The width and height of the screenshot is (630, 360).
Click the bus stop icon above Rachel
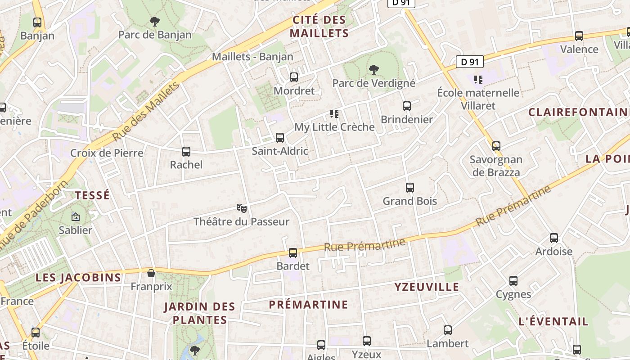point(186,152)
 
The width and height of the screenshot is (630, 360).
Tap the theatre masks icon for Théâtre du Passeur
point(242,208)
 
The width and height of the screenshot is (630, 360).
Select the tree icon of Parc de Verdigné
point(373,69)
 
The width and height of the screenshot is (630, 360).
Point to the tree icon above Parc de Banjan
point(154,21)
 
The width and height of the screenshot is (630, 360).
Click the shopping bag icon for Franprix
point(151,273)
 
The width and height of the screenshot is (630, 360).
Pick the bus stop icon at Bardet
point(293,253)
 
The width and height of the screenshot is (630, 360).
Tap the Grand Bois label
point(409,201)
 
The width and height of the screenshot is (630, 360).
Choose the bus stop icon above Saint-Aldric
point(280,138)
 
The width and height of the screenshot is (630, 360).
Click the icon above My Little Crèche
point(334,113)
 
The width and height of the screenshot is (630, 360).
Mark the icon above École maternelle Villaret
point(478,80)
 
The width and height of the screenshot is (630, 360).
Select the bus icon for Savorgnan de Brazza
point(496,146)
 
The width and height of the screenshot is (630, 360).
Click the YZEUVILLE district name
point(427,287)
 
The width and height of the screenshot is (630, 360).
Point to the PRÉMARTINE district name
point(308,305)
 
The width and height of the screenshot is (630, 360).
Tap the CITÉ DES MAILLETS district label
point(319,27)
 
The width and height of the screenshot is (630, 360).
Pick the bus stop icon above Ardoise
point(554,238)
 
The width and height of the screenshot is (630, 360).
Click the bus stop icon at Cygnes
point(513,281)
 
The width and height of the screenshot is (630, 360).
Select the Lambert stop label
point(447,344)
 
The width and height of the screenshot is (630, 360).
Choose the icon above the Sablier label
point(76,217)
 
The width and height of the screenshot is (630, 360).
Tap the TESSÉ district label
point(92,195)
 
